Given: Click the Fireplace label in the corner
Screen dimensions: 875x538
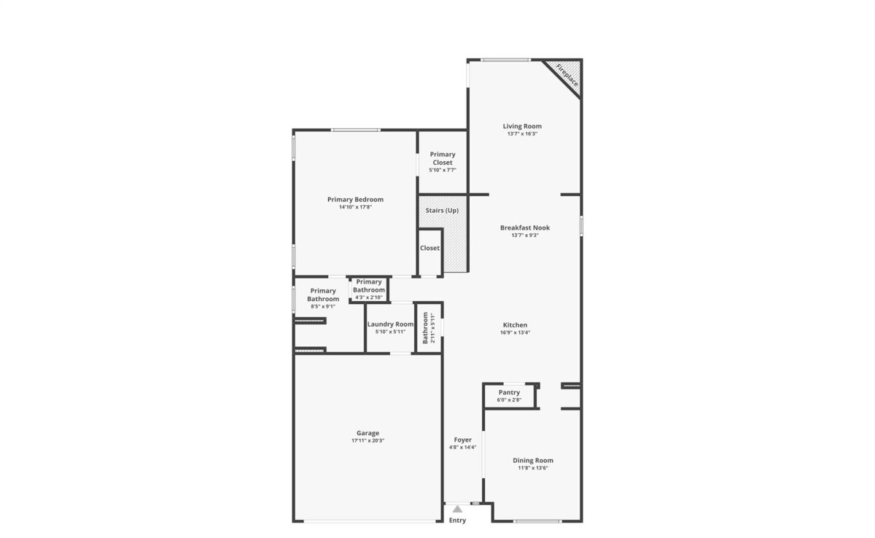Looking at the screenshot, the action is pyautogui.click(x=567, y=75).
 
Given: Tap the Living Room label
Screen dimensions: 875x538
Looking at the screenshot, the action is pyautogui.click(x=522, y=126).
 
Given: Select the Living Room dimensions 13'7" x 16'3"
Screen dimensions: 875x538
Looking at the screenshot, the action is pyautogui.click(x=522, y=133).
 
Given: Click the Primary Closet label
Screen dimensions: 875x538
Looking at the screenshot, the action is pyautogui.click(x=443, y=158).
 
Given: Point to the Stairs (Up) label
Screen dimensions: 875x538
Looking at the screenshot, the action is pyautogui.click(x=442, y=211).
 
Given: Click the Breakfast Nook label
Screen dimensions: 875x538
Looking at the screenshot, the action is pyautogui.click(x=525, y=227).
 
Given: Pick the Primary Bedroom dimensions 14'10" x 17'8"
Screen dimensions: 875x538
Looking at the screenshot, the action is pyautogui.click(x=355, y=207).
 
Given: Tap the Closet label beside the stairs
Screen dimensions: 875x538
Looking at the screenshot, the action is pyautogui.click(x=429, y=248).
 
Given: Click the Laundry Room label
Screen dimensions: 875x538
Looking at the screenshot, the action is pyautogui.click(x=390, y=324).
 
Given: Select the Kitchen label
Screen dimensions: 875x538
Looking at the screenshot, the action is pyautogui.click(x=515, y=325).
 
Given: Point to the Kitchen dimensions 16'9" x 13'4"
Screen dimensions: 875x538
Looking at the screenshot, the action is pyautogui.click(x=515, y=332).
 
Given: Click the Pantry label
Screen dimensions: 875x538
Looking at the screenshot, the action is pyautogui.click(x=509, y=392).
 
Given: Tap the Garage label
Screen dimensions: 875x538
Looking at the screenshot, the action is pyautogui.click(x=367, y=433).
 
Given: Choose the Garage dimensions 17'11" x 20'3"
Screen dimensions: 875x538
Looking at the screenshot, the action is pyautogui.click(x=367, y=440).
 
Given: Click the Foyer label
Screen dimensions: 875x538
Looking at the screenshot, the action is pyautogui.click(x=462, y=440).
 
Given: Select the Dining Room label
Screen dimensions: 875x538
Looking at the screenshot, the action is pyautogui.click(x=533, y=460).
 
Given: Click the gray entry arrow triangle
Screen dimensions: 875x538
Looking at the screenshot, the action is pyautogui.click(x=457, y=509).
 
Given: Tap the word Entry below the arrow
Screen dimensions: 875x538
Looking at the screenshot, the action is pyautogui.click(x=457, y=521).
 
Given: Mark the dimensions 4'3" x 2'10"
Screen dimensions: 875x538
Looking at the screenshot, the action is pyautogui.click(x=369, y=297).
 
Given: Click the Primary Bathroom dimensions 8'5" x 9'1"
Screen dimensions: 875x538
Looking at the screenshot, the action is pyautogui.click(x=323, y=306).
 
